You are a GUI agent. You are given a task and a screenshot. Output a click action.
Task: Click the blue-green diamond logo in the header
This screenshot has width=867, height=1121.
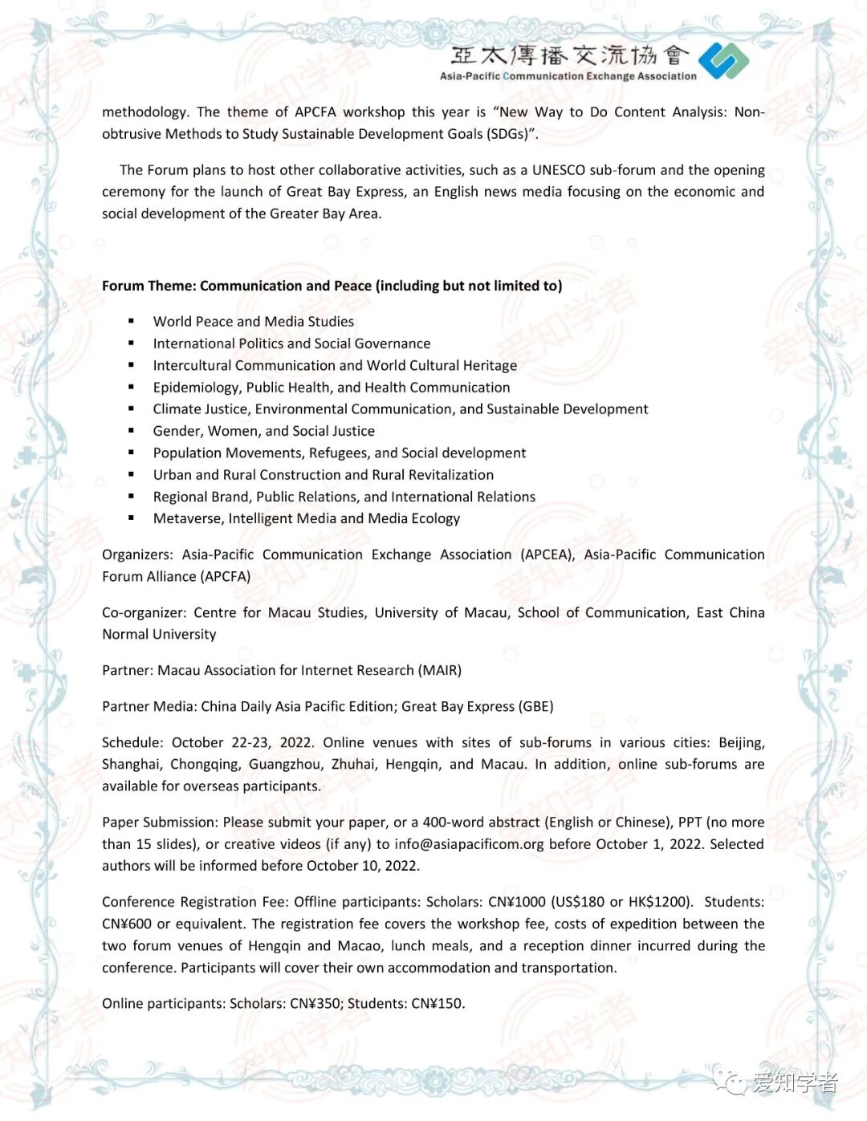pyautogui.click(x=723, y=61)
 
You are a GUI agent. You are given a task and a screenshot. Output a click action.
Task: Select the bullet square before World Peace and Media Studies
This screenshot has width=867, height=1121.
pyautogui.click(x=131, y=321)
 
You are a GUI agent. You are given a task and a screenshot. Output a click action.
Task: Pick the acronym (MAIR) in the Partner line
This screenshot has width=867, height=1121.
pyautogui.click(x=439, y=670)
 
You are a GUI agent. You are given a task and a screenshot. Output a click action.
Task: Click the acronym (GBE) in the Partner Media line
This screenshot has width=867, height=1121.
pyautogui.click(x=536, y=706)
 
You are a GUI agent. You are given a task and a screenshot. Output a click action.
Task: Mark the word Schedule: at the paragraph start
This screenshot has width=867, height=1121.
pyautogui.click(x=132, y=742)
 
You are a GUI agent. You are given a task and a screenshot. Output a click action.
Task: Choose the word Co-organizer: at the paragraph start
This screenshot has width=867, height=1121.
pyautogui.click(x=144, y=612)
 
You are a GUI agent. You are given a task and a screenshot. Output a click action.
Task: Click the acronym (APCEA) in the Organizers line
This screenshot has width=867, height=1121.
pyautogui.click(x=547, y=554)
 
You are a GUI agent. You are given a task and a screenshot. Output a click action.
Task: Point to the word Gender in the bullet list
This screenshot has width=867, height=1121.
pyautogui.click(x=177, y=431)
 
